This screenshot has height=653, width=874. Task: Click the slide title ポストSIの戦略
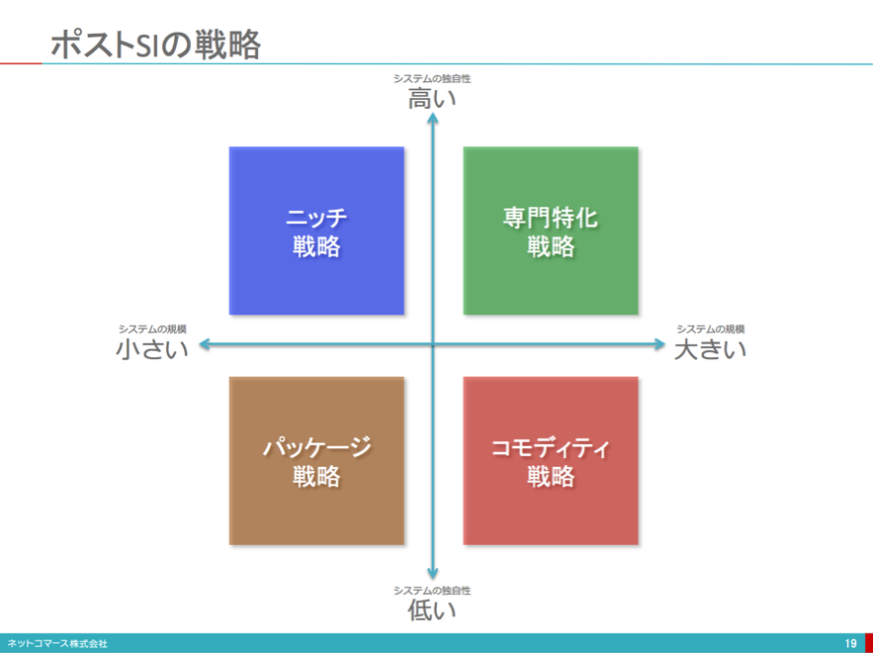155,45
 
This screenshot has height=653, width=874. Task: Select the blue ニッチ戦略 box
316,231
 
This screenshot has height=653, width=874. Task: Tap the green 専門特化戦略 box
551,231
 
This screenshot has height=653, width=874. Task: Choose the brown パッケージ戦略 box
316,461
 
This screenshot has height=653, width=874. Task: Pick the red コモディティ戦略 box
551,461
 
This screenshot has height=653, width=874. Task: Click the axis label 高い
432,99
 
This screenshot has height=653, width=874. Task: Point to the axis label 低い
432,610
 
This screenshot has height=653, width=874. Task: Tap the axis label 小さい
152,349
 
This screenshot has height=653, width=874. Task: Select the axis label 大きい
710,349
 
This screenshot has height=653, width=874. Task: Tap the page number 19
850,643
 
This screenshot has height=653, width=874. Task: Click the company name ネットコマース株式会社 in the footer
57,643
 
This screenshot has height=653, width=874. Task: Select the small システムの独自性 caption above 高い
432,78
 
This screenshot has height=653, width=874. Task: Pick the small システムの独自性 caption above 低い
432,590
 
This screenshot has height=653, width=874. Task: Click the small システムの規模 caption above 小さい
152,329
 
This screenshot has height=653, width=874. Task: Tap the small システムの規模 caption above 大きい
711,329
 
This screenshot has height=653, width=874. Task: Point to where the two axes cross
432,344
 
